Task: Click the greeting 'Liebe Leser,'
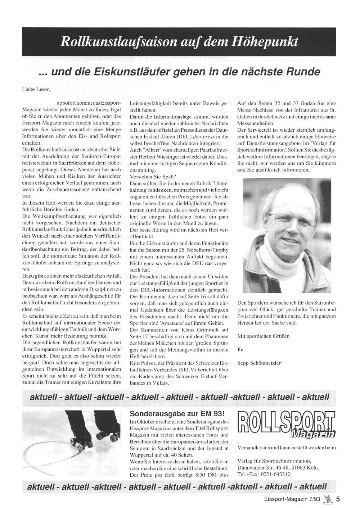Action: coord(36,89)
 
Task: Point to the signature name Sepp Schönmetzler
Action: coord(259,363)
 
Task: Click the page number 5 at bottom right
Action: coord(338,499)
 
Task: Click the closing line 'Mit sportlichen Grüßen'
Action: coord(263,336)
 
